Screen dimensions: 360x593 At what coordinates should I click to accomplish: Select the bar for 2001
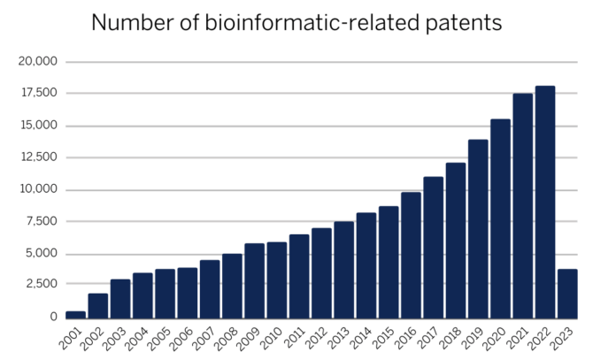coord(75,314)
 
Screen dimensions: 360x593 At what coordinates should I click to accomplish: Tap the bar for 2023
coord(567,293)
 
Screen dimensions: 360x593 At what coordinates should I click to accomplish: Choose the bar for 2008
coord(232,286)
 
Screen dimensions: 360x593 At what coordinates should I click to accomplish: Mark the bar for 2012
coord(321,272)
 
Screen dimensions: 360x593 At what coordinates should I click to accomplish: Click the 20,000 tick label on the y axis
coord(37,62)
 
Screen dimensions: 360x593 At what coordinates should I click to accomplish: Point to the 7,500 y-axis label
coord(41,221)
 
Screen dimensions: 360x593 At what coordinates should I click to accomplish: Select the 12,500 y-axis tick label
coord(37,157)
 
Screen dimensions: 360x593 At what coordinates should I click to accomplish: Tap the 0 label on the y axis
coord(53,317)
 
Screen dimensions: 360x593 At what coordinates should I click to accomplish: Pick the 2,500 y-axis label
coord(41,285)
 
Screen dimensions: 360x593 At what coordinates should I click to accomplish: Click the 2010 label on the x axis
coord(273,337)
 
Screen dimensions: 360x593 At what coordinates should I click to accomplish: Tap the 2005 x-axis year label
coord(161,337)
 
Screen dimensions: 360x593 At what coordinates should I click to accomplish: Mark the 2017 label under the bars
coord(429,337)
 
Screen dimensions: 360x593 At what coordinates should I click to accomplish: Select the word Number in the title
coord(131,24)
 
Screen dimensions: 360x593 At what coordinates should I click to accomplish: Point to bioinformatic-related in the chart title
coord(294,24)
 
